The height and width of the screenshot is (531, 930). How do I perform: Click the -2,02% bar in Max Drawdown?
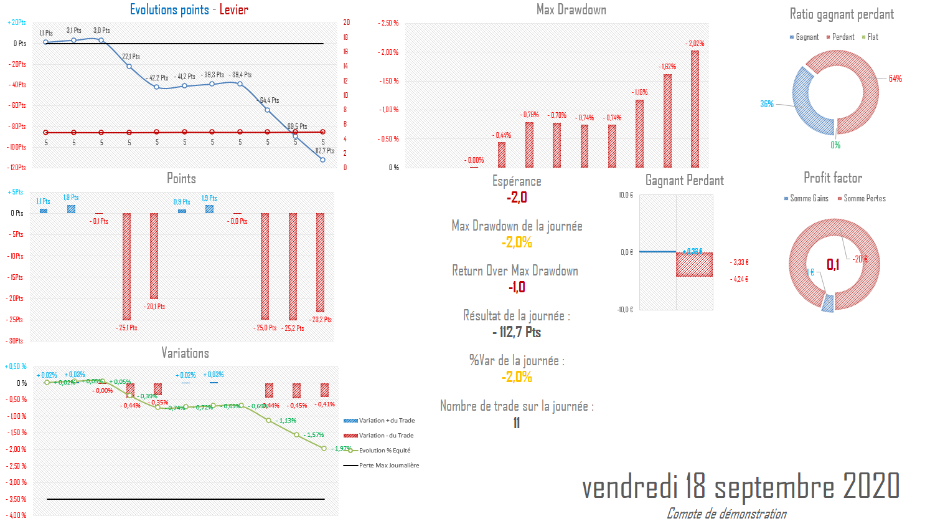[x=695, y=109]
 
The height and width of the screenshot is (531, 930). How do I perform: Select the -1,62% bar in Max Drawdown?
[x=667, y=121]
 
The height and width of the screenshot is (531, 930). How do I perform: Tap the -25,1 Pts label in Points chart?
[x=127, y=328]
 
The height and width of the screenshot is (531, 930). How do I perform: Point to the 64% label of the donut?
[x=895, y=79]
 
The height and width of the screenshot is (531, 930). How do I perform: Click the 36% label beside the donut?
[x=766, y=104]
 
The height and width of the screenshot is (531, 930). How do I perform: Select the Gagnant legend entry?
[x=804, y=37]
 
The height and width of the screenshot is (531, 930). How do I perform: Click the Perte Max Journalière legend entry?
[x=388, y=466]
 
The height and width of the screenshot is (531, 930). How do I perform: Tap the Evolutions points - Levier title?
[x=189, y=9]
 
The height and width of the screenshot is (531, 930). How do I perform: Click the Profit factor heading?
[x=833, y=178]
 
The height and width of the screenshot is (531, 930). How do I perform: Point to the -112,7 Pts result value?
[x=517, y=332]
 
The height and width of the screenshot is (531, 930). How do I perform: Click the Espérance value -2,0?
[x=517, y=198]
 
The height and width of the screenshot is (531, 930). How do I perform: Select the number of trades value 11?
[x=517, y=423]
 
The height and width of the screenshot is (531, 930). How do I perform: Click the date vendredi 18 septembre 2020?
[x=741, y=487]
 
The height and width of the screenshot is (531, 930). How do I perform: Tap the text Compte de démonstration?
[x=726, y=514]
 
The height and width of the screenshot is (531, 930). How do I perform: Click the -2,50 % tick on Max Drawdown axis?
[x=388, y=23]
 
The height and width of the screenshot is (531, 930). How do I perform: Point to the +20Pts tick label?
[x=17, y=22]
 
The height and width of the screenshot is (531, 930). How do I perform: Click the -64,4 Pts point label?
[x=268, y=100]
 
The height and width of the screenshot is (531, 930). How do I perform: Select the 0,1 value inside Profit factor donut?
[x=833, y=265]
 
